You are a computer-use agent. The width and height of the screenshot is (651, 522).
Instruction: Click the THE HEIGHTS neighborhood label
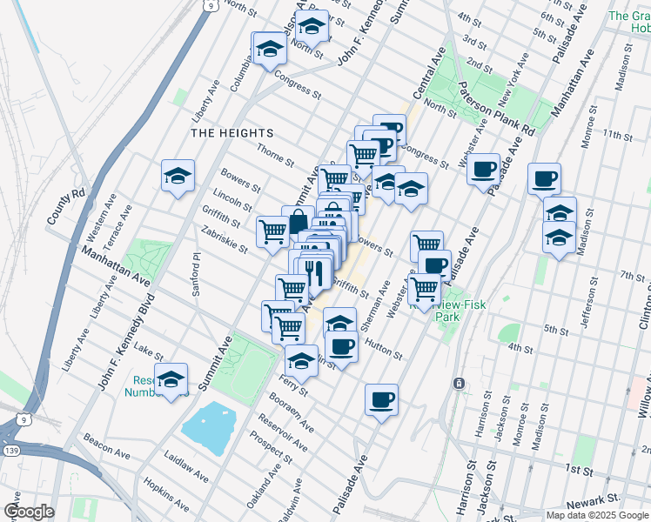pos(232,133)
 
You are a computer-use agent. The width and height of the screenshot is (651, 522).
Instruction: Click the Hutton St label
pos(383,348)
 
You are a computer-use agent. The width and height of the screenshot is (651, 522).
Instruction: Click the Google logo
pos(28,512)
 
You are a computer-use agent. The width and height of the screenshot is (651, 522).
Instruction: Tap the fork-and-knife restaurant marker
pos(316,272)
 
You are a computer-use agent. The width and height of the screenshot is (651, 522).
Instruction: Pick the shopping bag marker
pos(298,221)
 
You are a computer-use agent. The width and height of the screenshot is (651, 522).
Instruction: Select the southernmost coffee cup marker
pos(381,400)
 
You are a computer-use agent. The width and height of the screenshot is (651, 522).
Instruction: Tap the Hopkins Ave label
pos(165,495)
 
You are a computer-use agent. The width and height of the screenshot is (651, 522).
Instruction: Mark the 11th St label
pos(619,136)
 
